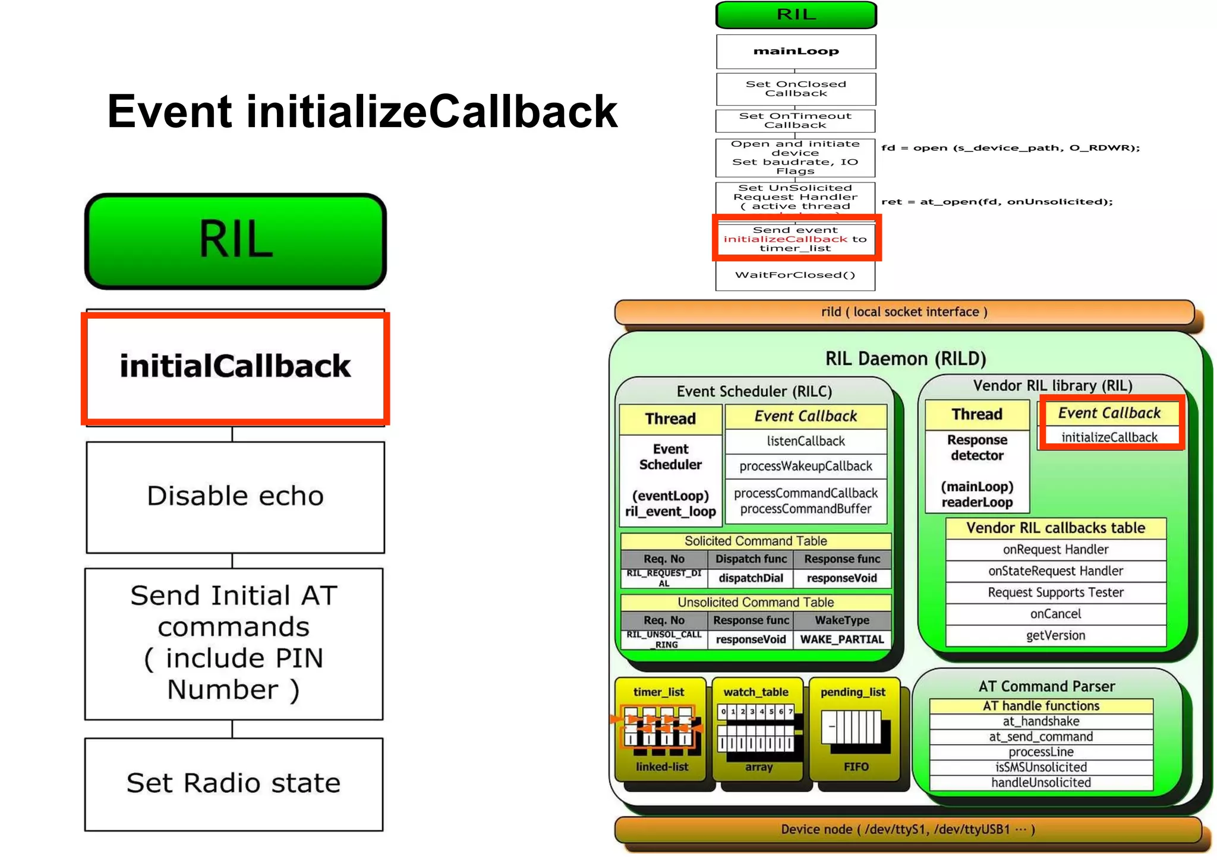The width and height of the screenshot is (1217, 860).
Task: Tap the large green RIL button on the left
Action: (x=236, y=240)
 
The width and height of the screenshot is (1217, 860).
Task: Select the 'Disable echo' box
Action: (x=235, y=496)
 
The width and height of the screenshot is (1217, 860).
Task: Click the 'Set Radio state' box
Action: (x=234, y=783)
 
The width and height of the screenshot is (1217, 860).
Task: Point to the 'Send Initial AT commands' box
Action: (x=234, y=643)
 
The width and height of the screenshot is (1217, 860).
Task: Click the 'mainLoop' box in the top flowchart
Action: (x=796, y=51)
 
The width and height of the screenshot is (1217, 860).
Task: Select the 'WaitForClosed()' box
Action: (x=795, y=275)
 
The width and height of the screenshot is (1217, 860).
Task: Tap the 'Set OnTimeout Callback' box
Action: (x=795, y=121)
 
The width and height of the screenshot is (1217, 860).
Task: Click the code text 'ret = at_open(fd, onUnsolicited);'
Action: (x=997, y=201)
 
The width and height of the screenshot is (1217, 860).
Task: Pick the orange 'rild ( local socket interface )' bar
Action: (x=904, y=312)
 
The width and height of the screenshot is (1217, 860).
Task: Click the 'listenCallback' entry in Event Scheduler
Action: (x=806, y=441)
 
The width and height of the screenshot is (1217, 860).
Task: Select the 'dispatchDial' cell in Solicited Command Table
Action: (x=751, y=578)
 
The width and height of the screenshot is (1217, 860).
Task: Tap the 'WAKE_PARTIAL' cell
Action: (x=842, y=640)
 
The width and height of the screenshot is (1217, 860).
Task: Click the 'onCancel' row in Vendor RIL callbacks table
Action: (x=1055, y=614)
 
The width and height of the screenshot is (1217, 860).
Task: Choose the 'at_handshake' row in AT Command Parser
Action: (x=1041, y=722)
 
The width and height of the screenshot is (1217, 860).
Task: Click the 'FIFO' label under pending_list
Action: (x=856, y=767)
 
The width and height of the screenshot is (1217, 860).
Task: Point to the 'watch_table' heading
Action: (x=756, y=692)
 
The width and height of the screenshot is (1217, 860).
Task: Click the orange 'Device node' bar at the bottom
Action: (x=907, y=829)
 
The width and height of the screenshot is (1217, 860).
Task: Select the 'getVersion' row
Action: (x=1055, y=635)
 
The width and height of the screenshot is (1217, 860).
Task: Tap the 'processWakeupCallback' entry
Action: (x=806, y=466)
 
